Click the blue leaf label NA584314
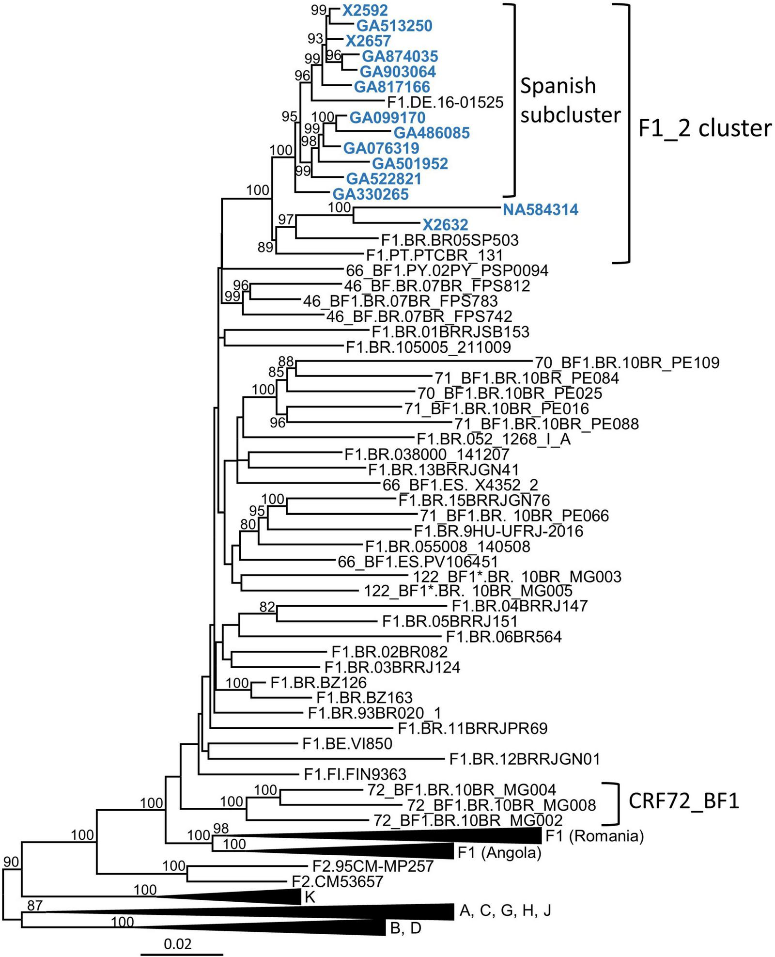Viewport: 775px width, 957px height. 541,210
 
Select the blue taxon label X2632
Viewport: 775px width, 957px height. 445,225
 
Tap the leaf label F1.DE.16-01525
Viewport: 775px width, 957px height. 446,102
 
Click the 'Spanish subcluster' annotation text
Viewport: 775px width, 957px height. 570,100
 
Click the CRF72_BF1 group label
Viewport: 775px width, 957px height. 683,802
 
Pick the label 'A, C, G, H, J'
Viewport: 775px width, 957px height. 504,911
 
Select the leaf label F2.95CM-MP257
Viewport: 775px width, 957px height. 371,866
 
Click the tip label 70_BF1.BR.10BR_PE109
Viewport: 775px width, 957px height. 627,362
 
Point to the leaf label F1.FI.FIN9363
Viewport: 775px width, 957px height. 355,774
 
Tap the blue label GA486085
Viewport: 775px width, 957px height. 432,133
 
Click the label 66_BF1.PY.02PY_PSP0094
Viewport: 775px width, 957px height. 447,270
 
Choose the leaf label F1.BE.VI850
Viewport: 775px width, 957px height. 347,743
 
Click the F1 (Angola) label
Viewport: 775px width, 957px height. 499,852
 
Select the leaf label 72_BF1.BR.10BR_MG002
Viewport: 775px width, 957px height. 468,820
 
